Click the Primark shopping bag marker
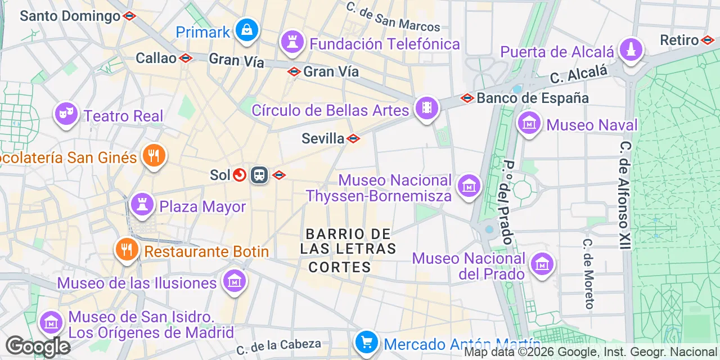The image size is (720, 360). (246, 30)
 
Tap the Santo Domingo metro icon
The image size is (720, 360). (129, 16)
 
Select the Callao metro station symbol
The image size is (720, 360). (186, 58)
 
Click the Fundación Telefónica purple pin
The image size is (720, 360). (292, 42)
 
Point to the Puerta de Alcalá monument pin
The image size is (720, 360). (631, 50)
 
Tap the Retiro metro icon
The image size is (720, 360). (708, 40)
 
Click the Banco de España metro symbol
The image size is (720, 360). (467, 98)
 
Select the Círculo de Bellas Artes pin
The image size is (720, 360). (426, 109)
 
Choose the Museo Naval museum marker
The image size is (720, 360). (529, 123)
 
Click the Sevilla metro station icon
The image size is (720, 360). (353, 138)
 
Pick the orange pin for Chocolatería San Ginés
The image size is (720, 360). (152, 156)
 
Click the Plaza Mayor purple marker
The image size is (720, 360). (142, 205)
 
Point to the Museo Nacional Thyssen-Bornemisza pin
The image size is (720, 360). (468, 186)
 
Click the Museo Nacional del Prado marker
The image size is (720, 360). (542, 264)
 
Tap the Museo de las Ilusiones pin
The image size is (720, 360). (234, 281)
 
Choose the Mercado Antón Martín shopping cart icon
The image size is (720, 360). (366, 341)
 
